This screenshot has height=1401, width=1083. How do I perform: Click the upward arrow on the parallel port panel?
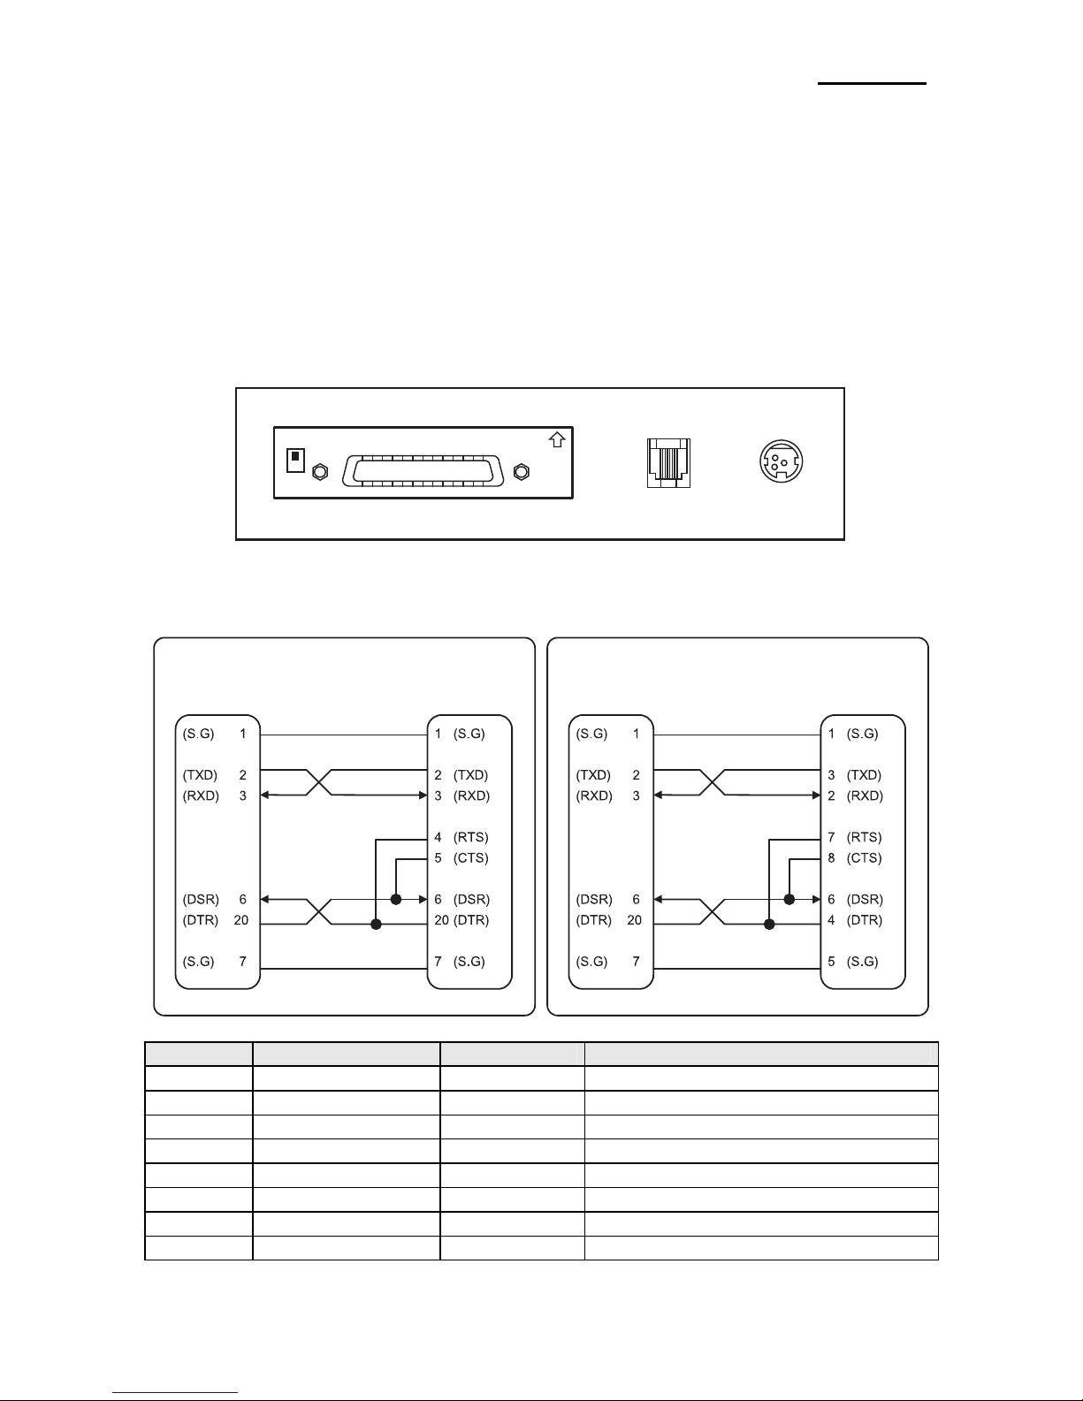(558, 439)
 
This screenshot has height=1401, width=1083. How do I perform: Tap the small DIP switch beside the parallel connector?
(296, 461)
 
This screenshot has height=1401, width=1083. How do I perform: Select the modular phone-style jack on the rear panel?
(668, 463)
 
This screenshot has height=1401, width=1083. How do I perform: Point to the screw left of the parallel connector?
(321, 473)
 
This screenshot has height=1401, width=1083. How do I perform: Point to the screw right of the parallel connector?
(521, 473)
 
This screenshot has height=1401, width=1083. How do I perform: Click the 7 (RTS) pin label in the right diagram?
(855, 837)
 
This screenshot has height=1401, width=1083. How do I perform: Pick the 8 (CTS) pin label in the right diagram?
(855, 858)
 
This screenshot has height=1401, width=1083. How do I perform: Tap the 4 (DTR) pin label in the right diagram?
(855, 920)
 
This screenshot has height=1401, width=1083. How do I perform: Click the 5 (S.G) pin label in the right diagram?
(853, 962)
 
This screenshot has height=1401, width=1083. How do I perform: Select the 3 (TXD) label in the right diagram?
(855, 775)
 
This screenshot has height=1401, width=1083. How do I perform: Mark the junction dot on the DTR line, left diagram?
(377, 925)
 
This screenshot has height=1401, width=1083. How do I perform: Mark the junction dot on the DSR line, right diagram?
(789, 900)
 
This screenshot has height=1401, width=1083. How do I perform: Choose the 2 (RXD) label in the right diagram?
(855, 796)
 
